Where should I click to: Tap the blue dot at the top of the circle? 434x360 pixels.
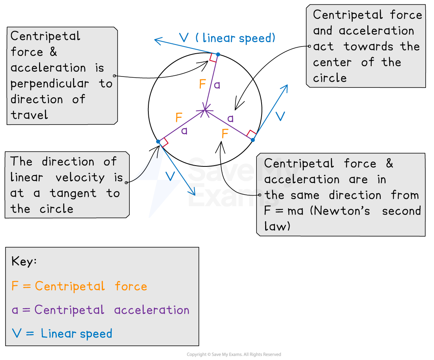(x=218, y=54)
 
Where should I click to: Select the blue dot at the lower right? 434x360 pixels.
(x=253, y=140)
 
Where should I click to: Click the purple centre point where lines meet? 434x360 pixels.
(x=205, y=110)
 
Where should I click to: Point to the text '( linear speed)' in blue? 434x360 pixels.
(x=235, y=38)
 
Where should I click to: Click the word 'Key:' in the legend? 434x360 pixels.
(x=24, y=261)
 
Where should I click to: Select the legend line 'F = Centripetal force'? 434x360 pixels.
(x=79, y=286)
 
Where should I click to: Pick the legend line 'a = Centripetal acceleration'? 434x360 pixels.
(x=101, y=310)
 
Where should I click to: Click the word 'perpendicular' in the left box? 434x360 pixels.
(x=50, y=84)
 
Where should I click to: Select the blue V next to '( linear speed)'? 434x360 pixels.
(x=184, y=38)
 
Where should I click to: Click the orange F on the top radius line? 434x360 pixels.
(x=202, y=84)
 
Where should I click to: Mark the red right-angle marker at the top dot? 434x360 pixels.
(x=213, y=58)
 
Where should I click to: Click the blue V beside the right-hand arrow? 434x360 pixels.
(x=280, y=116)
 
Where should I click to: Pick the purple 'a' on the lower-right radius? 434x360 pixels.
(x=230, y=118)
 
